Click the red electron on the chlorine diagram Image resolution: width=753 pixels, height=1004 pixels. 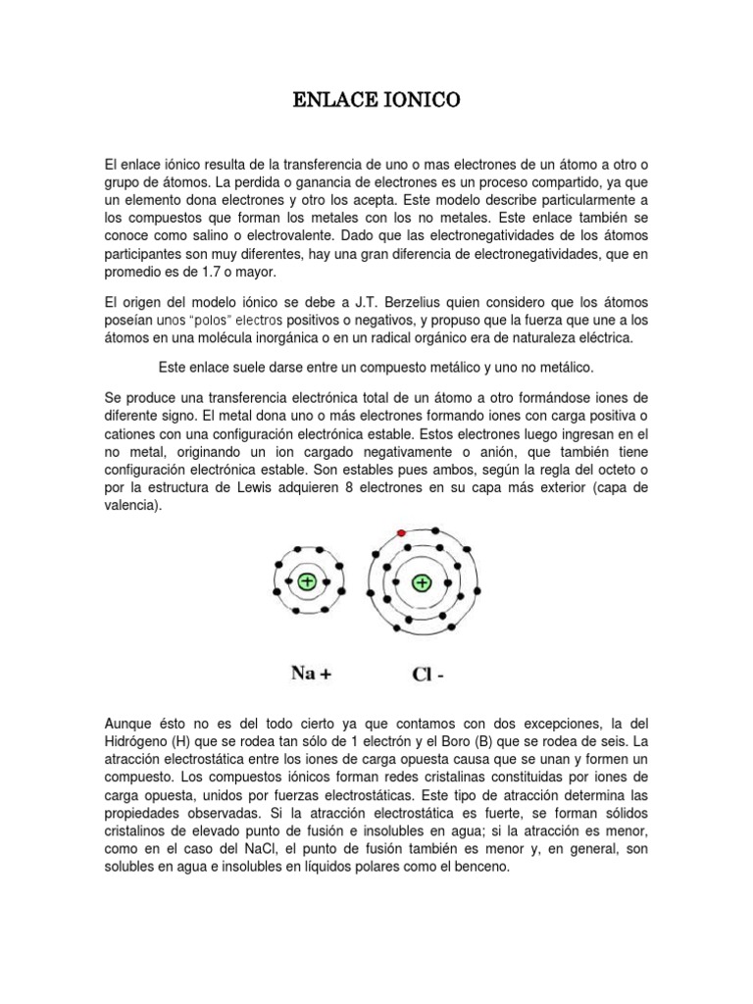[401, 532]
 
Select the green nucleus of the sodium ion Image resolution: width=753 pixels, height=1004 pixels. [307, 581]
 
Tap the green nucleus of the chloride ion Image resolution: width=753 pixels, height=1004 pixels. [422, 583]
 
